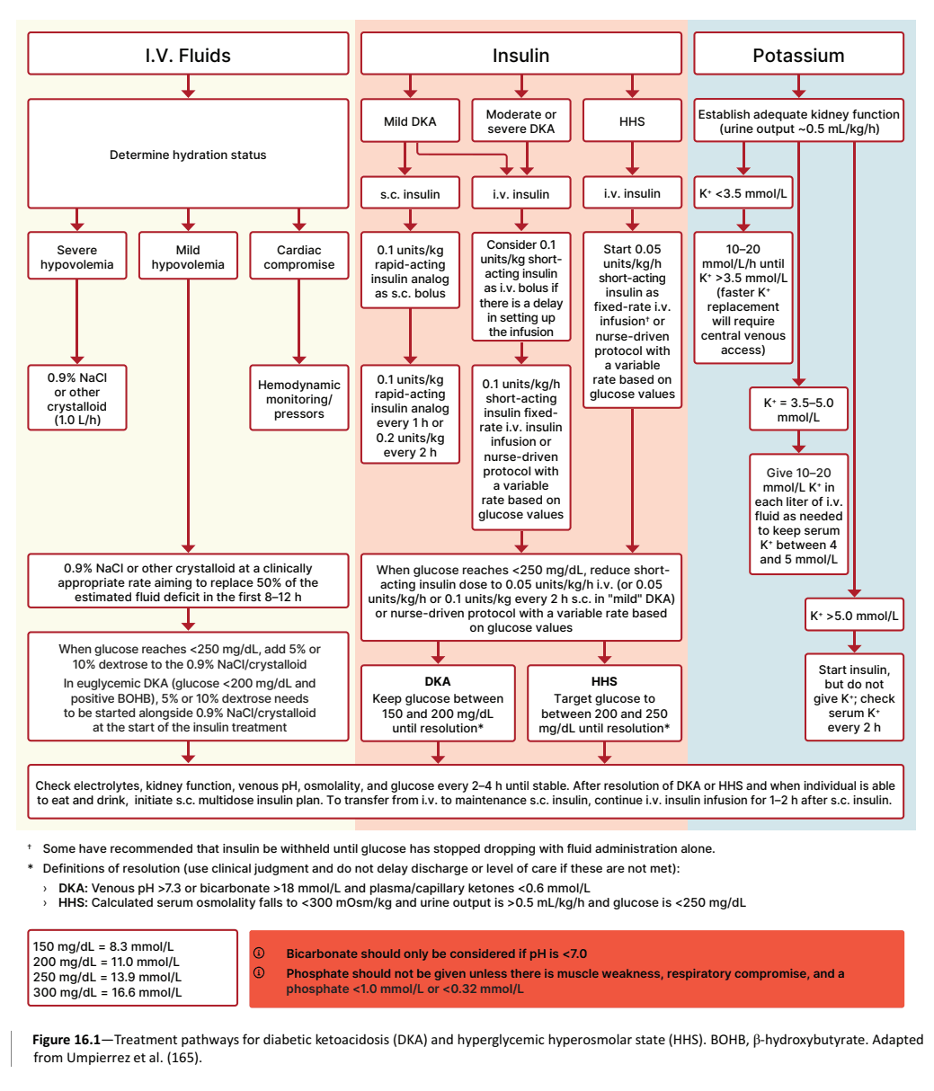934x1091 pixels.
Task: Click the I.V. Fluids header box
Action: (188, 53)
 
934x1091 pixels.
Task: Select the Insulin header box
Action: (521, 53)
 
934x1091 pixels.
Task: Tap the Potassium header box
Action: (798, 53)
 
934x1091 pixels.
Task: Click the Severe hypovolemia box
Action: (77, 255)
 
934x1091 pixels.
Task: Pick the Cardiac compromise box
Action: (298, 255)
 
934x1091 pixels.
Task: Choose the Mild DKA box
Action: (410, 120)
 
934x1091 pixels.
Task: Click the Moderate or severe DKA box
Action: (521, 120)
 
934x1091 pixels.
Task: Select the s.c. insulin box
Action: (410, 193)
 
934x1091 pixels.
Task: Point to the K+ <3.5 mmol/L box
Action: (743, 192)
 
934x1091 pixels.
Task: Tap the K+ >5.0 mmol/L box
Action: (854, 615)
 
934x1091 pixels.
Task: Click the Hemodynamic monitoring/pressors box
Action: (298, 398)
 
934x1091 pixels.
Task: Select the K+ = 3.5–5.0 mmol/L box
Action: (798, 409)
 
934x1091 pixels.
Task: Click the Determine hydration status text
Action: (188, 155)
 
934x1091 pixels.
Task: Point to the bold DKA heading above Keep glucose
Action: (438, 681)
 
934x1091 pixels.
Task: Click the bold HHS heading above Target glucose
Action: (605, 681)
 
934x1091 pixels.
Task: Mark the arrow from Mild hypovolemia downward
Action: (188, 416)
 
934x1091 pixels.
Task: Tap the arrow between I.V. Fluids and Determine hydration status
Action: (188, 86)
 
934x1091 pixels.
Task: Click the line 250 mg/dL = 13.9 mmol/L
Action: (107, 977)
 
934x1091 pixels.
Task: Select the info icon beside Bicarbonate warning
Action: (259, 953)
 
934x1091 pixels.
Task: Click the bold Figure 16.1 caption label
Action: (67, 1039)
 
